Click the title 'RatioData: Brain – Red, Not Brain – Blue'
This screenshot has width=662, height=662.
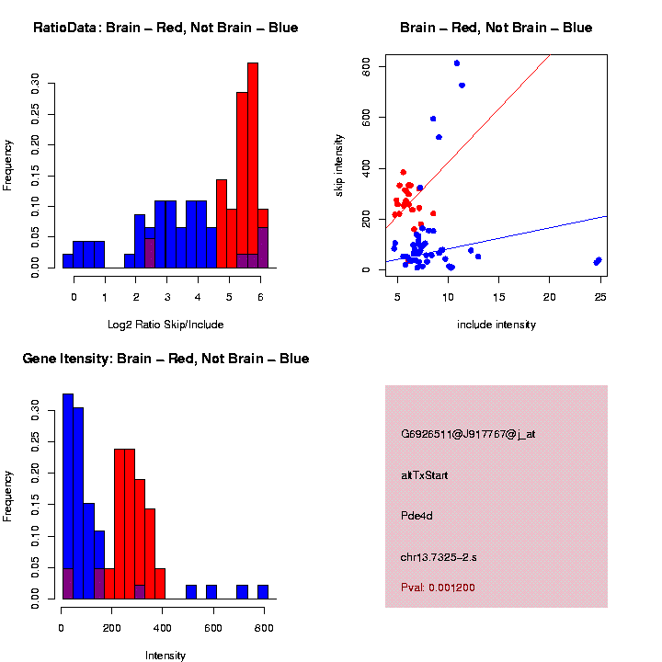pyautogui.click(x=165, y=28)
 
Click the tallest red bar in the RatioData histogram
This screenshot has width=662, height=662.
pyautogui.click(x=253, y=165)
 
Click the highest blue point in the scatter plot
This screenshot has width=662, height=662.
pyautogui.click(x=457, y=63)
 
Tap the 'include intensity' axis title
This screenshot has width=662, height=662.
pyautogui.click(x=496, y=324)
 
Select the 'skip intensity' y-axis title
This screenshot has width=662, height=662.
pyautogui.click(x=339, y=163)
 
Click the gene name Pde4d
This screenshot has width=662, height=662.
pyautogui.click(x=417, y=515)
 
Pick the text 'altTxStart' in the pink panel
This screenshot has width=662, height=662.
pyautogui.click(x=424, y=474)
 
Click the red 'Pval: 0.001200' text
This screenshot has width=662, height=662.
pyautogui.click(x=438, y=588)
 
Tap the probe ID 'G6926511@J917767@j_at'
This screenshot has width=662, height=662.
pyautogui.click(x=467, y=434)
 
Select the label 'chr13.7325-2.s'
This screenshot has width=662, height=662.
pyautogui.click(x=438, y=557)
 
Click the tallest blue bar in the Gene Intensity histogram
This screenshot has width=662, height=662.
pyautogui.click(x=67, y=496)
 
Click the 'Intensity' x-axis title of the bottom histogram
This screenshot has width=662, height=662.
pyautogui.click(x=165, y=655)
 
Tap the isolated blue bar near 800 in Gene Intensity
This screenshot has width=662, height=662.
pyautogui.click(x=263, y=592)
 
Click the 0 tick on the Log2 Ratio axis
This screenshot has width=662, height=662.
pyautogui.click(x=74, y=296)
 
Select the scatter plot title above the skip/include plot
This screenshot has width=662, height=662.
pyautogui.click(x=496, y=28)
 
